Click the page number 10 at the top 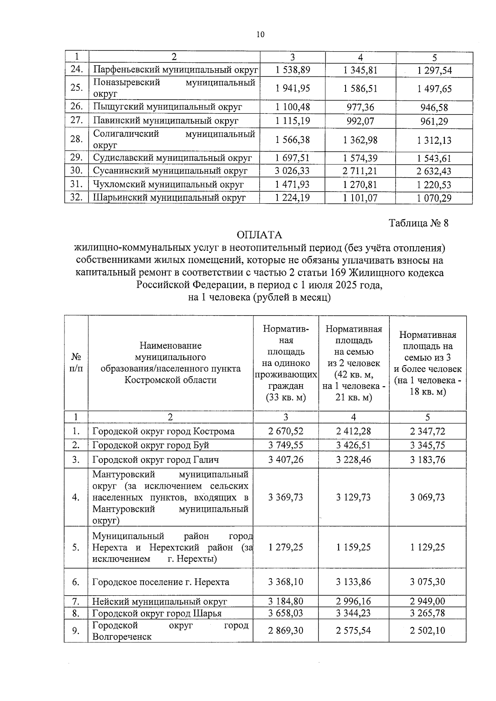260,35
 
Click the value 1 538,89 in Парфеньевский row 293,70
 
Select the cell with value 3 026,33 293,171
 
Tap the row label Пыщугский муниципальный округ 167,107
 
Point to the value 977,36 360,107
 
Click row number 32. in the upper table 76,197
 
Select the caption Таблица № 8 418,223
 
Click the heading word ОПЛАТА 260,235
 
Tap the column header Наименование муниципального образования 170,362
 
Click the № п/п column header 76,362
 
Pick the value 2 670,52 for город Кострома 286,431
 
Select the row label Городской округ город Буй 151,445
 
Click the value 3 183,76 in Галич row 427,460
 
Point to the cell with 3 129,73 353,497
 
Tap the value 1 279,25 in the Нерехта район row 286,547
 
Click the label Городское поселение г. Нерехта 161,582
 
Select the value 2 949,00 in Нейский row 427,601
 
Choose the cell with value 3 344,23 353,613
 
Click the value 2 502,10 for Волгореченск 427,630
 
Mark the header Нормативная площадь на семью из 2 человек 353,363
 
